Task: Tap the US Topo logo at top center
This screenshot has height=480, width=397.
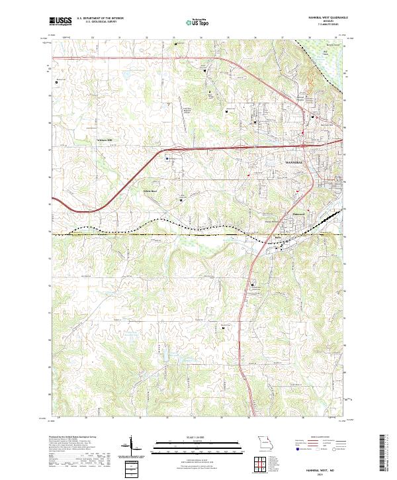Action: [192, 22]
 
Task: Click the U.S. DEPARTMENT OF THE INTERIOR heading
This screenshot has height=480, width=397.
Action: [99, 19]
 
